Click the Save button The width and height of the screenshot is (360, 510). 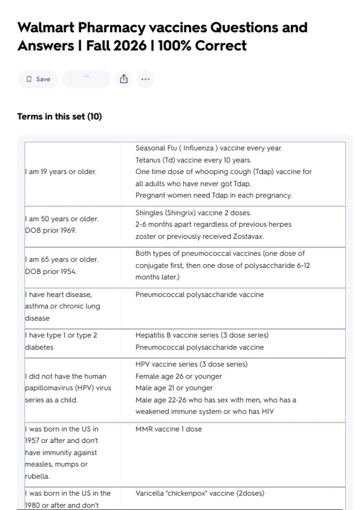tap(38, 79)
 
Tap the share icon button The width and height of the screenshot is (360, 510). tap(124, 79)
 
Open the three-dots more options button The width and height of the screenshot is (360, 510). tap(145, 79)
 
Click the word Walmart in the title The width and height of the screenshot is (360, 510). tap(46, 28)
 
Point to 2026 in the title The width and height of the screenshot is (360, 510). tap(130, 46)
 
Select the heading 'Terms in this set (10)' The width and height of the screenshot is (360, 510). tap(59, 116)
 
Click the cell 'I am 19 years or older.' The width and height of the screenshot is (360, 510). tap(61, 172)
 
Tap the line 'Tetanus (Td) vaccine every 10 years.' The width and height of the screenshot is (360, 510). tap(193, 160)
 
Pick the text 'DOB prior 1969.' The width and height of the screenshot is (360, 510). tap(50, 230)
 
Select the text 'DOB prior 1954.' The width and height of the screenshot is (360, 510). tap(51, 271)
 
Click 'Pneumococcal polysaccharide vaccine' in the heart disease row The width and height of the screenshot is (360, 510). tap(199, 295)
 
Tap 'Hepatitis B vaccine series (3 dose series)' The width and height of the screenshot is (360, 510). tap(202, 335)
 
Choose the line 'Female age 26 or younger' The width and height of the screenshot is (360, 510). tap(178, 376)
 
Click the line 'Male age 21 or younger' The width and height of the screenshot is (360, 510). tap(174, 388)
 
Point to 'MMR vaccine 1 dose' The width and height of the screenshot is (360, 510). tap(169, 429)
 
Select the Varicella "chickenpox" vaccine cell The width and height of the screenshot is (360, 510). tap(200, 493)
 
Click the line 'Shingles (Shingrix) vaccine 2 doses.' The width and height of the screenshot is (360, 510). tap(193, 213)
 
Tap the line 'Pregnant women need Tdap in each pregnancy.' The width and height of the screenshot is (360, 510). tap(213, 195)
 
